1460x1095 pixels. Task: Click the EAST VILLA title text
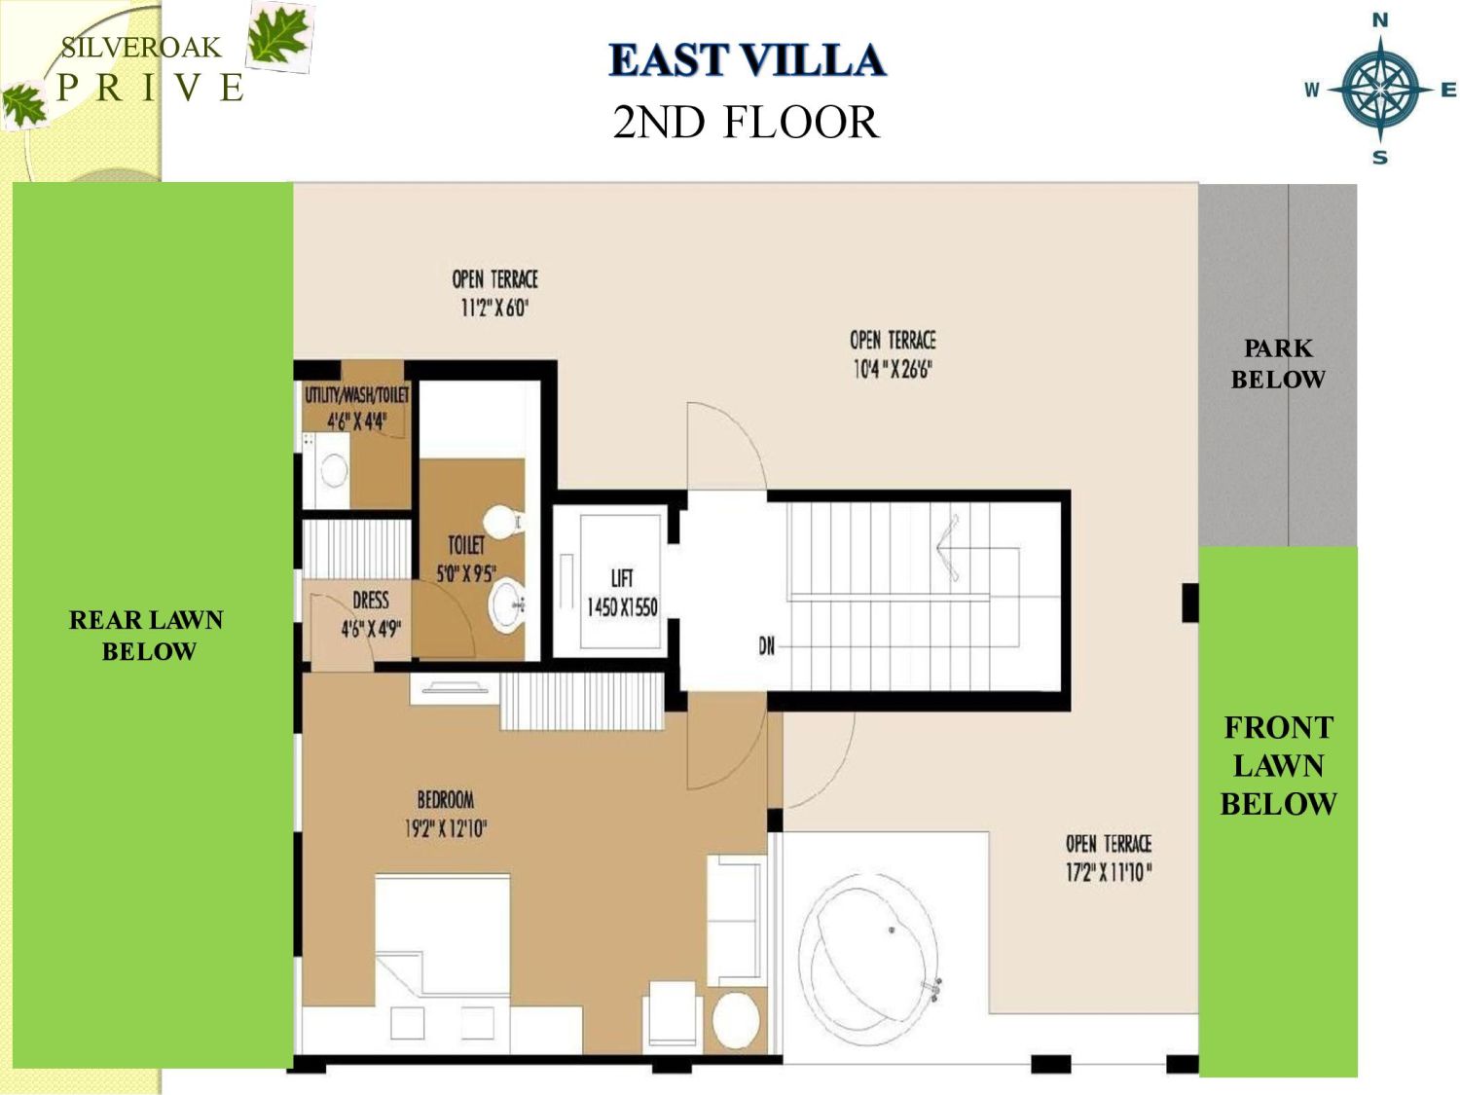tap(747, 60)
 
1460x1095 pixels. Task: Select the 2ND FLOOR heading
tap(746, 123)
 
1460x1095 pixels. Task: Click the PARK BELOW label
tap(1278, 364)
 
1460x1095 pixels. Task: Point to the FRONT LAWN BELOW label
tap(1278, 766)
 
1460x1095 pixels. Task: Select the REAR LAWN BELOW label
tap(147, 636)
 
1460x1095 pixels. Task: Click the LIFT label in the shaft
tap(622, 578)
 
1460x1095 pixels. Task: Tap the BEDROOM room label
tap(446, 800)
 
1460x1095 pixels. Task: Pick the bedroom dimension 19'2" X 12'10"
tap(446, 828)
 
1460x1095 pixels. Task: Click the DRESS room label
tap(370, 601)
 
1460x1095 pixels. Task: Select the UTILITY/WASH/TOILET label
tap(356, 395)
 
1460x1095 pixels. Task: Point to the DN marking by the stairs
tap(767, 645)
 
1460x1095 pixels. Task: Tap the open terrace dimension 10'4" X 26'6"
tap(893, 369)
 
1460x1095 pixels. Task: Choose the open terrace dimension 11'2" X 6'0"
tap(494, 308)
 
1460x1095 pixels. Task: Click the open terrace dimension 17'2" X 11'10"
tap(1108, 872)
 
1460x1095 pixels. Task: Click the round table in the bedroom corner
tap(736, 1020)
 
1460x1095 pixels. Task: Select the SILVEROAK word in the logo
tap(141, 48)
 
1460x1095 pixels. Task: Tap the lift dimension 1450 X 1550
tap(622, 607)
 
